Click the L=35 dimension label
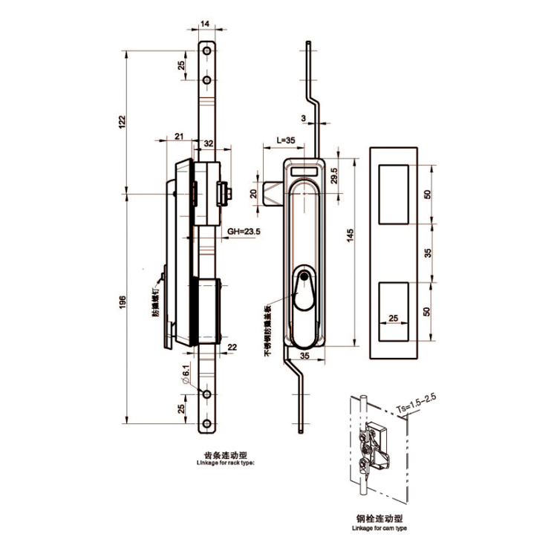point(285,140)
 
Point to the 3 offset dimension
point(303,118)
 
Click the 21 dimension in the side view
point(179,136)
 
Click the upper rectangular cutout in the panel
point(394,192)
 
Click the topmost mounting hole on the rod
point(206,52)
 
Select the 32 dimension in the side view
point(208,143)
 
